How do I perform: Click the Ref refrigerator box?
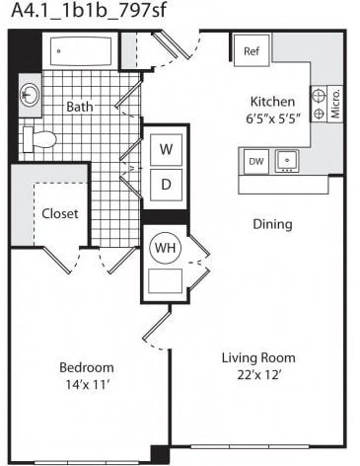click(252, 50)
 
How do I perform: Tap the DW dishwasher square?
click(256, 161)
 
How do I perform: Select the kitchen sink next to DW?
click(287, 161)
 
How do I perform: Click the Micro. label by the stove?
click(335, 104)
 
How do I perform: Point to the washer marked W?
click(166, 150)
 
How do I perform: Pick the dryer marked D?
click(166, 185)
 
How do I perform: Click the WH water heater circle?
click(165, 248)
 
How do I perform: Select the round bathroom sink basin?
click(30, 95)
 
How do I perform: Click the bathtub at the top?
click(81, 50)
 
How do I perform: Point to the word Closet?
click(60, 214)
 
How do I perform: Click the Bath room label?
click(80, 107)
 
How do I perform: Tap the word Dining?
click(272, 224)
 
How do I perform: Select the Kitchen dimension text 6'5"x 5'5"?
click(273, 118)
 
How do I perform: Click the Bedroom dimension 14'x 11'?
click(87, 384)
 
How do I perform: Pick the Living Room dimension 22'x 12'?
click(258, 375)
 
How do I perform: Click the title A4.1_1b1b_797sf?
click(89, 10)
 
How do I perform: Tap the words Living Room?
click(258, 357)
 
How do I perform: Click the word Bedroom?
click(87, 367)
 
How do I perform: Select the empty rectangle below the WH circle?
click(165, 280)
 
